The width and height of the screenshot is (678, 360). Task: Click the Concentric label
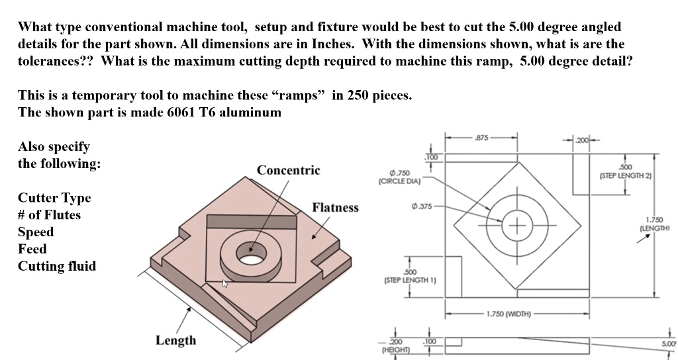click(288, 170)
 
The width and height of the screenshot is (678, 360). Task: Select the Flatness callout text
click(335, 208)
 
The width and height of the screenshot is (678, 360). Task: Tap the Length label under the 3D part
click(175, 340)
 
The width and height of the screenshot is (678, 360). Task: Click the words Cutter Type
click(54, 198)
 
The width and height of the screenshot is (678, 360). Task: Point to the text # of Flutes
click(49, 215)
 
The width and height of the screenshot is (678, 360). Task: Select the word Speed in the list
click(36, 232)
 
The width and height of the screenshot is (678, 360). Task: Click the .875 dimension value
click(481, 138)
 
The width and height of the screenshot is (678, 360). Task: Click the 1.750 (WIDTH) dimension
click(510, 314)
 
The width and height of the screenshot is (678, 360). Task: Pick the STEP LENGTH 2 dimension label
click(625, 172)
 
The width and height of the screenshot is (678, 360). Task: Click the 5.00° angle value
click(668, 344)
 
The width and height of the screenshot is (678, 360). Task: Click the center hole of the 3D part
click(251, 253)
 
